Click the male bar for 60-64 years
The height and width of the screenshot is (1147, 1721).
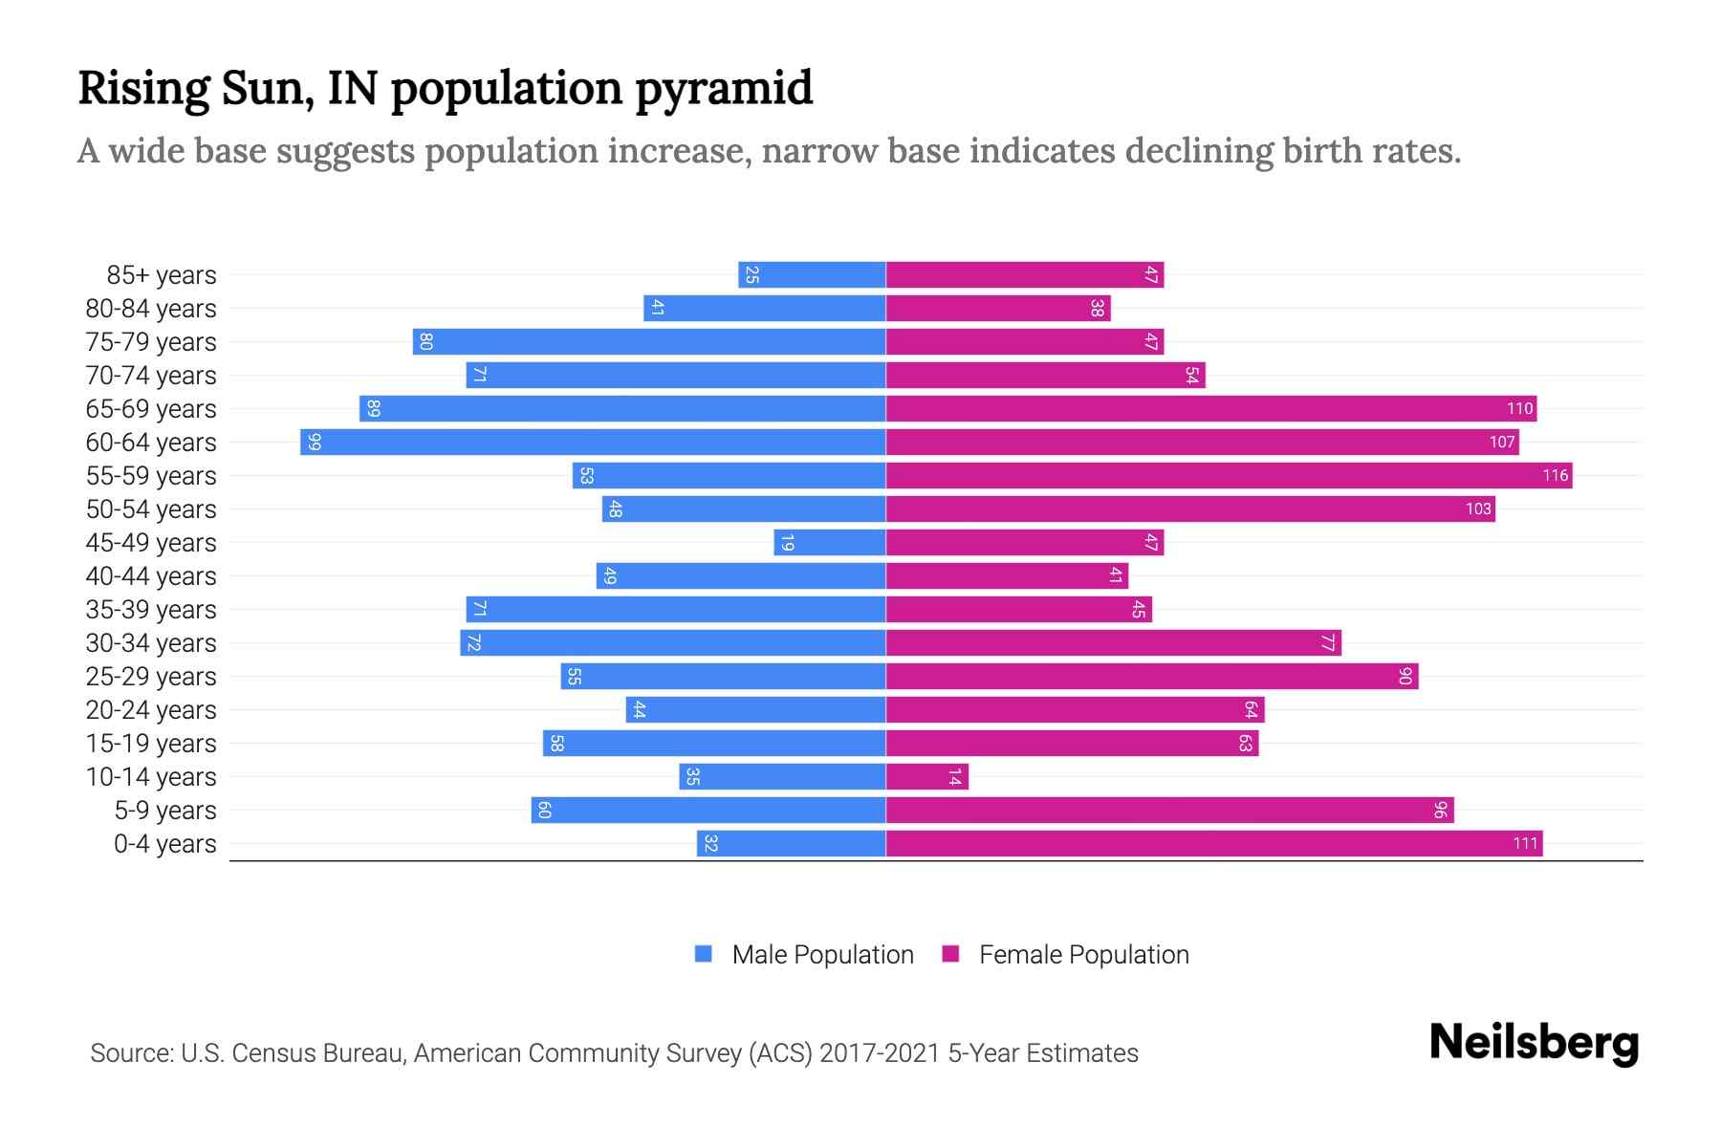593,443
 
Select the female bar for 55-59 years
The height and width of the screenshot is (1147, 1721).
1229,476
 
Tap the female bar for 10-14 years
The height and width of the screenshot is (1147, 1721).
926,777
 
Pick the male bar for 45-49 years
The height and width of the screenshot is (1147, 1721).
830,543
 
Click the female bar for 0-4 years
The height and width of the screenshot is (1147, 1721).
1214,844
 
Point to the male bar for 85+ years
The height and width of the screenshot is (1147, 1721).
812,275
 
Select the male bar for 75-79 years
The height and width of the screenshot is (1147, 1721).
649,342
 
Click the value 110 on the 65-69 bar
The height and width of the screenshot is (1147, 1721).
1519,409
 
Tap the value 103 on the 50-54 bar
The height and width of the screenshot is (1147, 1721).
1478,509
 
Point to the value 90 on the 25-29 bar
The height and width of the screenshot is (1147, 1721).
1405,677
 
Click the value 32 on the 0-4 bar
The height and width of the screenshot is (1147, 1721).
710,844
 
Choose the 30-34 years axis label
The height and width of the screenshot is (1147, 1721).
151,643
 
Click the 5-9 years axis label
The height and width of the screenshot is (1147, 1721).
164,811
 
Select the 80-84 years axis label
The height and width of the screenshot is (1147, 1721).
151,309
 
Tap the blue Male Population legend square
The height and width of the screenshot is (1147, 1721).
704,954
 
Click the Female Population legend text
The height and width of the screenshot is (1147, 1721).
1083,955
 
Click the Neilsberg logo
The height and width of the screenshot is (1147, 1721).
1534,1043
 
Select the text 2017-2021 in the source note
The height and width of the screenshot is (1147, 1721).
880,1053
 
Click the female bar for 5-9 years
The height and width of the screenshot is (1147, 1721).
1169,811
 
